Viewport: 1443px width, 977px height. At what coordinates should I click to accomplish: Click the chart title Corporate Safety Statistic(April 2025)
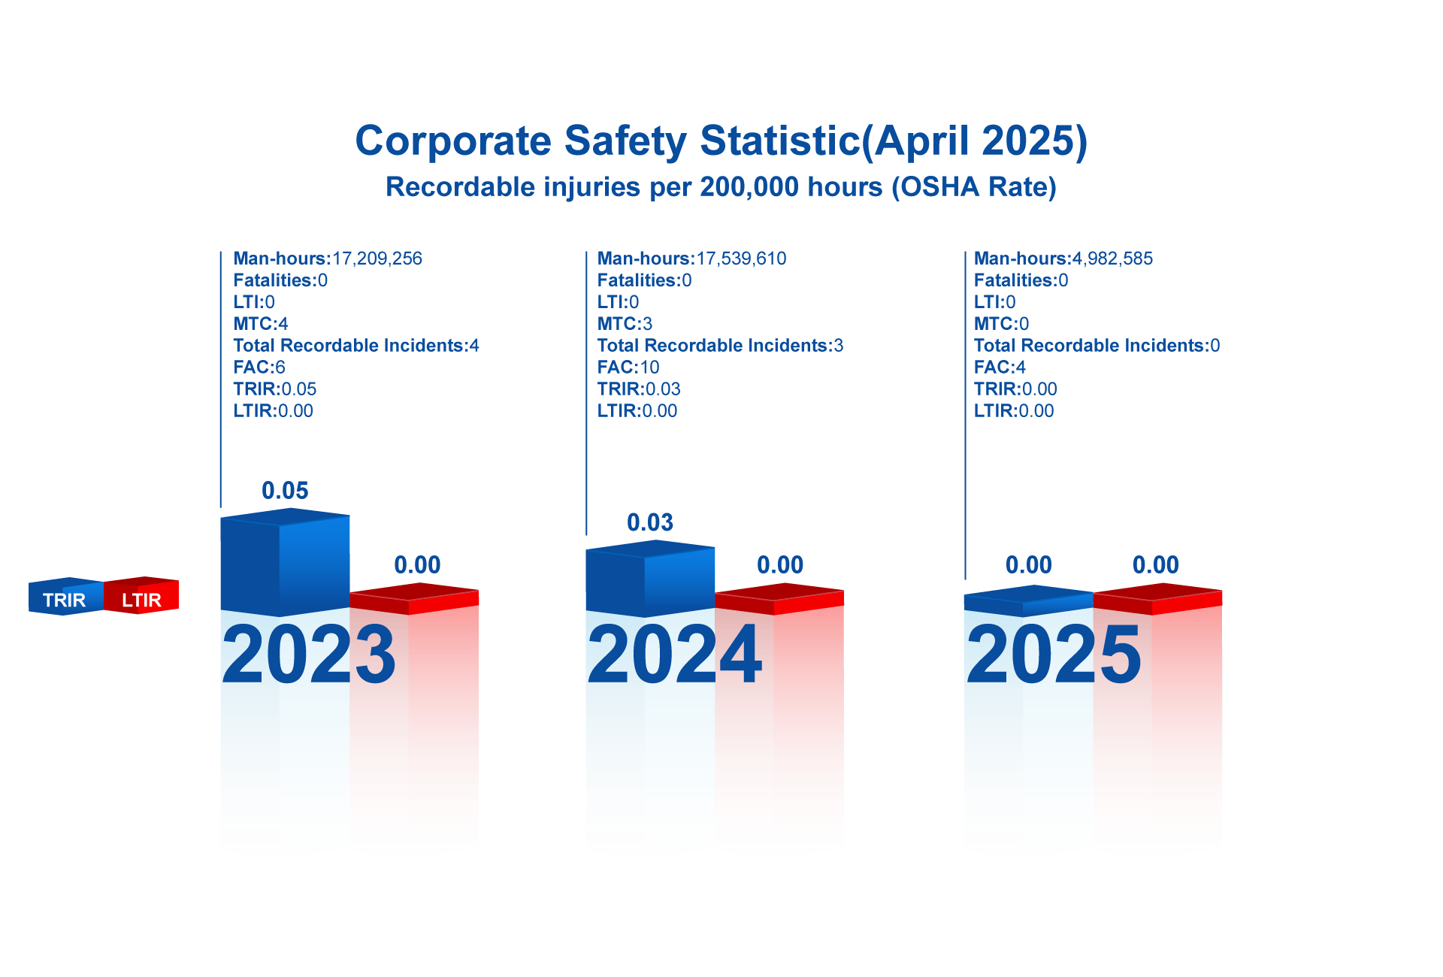click(x=721, y=141)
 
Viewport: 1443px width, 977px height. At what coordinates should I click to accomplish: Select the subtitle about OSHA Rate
click(x=721, y=187)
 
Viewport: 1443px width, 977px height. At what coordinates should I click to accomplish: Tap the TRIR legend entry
click(x=65, y=599)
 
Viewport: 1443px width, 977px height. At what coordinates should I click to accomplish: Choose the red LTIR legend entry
click(x=142, y=599)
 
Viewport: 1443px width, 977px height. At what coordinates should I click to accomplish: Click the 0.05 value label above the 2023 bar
click(x=285, y=491)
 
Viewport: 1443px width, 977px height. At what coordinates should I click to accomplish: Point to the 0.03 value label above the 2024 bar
click(x=650, y=523)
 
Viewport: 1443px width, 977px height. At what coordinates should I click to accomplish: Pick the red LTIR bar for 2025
click(x=1172, y=752)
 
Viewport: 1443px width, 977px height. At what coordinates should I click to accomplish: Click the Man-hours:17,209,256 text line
click(x=328, y=259)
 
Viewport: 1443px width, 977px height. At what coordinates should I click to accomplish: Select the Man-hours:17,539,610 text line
click(x=691, y=259)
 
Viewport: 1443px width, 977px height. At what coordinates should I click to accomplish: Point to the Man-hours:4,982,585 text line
click(x=1063, y=259)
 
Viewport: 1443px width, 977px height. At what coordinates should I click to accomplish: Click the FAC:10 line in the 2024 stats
click(x=628, y=368)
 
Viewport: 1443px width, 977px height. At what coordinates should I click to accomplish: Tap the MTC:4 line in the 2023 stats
click(x=261, y=324)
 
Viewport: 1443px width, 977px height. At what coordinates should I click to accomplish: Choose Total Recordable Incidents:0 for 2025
click(x=1097, y=346)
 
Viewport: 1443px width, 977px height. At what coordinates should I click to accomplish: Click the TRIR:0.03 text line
click(x=639, y=389)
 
